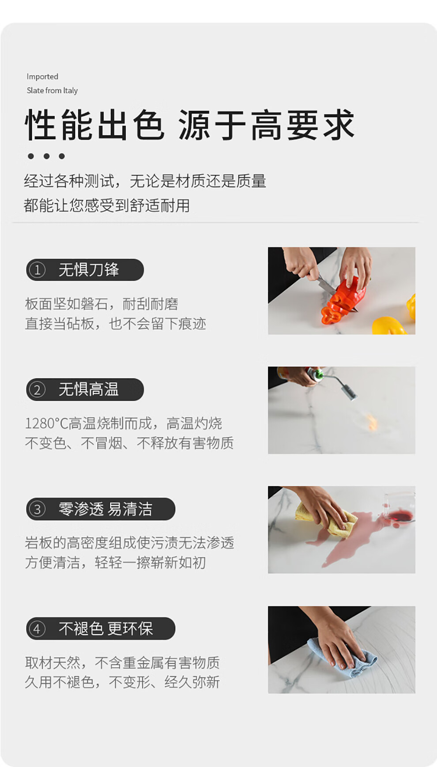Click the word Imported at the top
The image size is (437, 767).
tap(42, 77)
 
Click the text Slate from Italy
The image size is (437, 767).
tap(52, 91)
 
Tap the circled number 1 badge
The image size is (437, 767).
tap(37, 270)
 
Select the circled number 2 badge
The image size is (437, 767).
tap(37, 390)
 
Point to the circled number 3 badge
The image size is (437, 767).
tap(37, 509)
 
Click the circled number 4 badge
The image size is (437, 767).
tap(37, 629)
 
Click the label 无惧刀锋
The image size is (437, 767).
tap(89, 270)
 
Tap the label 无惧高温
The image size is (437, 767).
tap(89, 389)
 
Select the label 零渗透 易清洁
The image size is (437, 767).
tap(105, 509)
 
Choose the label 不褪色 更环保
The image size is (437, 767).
tap(105, 629)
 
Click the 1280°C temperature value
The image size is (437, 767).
tap(47, 423)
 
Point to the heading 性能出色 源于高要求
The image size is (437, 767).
tap(190, 125)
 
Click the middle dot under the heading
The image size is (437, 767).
tap(46, 156)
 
